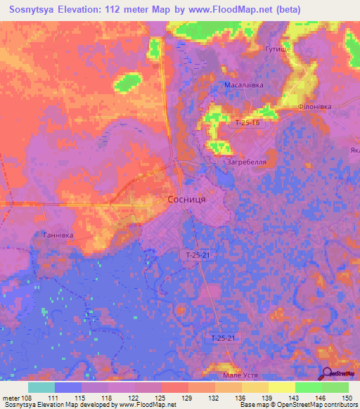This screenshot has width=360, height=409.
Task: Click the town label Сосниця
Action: [186, 200]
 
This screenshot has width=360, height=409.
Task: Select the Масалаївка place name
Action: [243, 85]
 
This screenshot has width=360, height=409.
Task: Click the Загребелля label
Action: [245, 162]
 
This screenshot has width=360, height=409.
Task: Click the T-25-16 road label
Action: [247, 122]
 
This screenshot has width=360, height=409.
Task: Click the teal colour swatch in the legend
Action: [41, 387]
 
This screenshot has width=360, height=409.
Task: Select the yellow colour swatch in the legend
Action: [281, 387]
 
